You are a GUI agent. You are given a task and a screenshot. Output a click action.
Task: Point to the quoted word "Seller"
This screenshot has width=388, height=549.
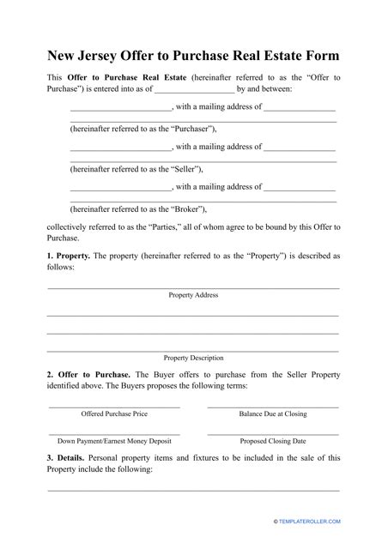(173, 167)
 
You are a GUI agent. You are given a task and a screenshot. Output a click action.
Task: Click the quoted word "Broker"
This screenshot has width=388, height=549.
(174, 208)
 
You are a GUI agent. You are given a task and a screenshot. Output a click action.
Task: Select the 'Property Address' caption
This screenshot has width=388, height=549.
(193, 295)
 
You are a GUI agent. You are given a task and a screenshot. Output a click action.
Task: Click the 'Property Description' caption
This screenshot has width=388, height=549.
(193, 358)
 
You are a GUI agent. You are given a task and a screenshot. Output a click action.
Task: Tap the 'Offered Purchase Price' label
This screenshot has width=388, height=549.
(114, 413)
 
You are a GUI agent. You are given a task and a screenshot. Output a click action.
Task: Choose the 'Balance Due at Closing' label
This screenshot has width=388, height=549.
(273, 413)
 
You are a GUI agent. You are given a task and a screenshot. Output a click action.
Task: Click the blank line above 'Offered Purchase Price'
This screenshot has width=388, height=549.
(114, 406)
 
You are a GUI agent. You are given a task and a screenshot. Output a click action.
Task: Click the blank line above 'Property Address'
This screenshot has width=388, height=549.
(193, 287)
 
